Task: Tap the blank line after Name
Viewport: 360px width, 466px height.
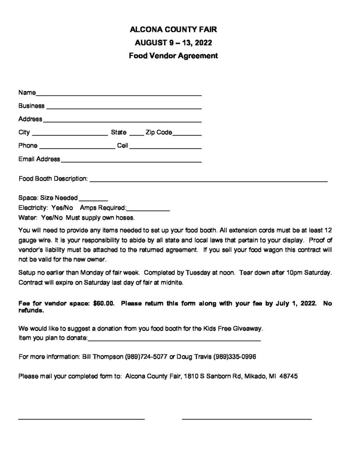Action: point(118,94)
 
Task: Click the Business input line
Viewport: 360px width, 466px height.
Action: point(124,107)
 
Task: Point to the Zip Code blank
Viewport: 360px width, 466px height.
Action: point(187,133)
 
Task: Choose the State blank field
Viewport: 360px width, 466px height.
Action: point(136,133)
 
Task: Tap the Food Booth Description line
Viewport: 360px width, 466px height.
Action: point(208,180)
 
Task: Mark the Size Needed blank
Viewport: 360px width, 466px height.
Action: point(93,199)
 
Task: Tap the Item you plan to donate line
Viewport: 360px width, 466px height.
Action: point(174,339)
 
